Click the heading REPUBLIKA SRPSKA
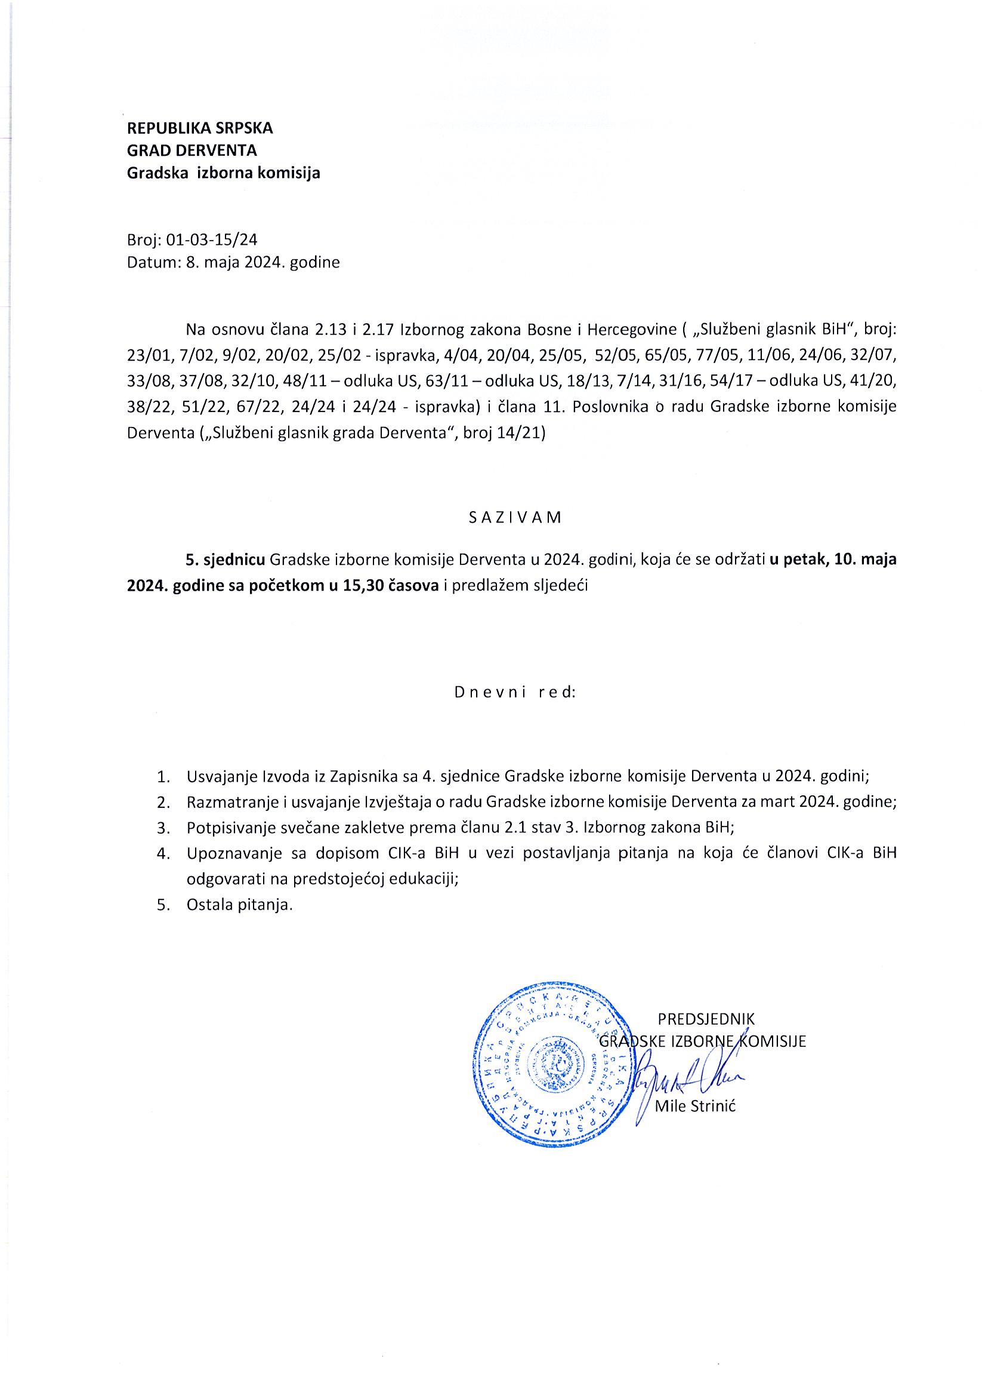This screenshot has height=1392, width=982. [x=200, y=128]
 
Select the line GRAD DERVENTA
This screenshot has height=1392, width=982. [x=192, y=151]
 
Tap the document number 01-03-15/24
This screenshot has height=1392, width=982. [x=211, y=240]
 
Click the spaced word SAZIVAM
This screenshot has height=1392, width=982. [x=514, y=517]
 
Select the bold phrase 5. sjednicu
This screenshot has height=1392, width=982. [x=226, y=560]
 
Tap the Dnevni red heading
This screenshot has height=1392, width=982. [x=514, y=692]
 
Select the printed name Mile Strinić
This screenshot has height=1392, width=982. [x=695, y=1107]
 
